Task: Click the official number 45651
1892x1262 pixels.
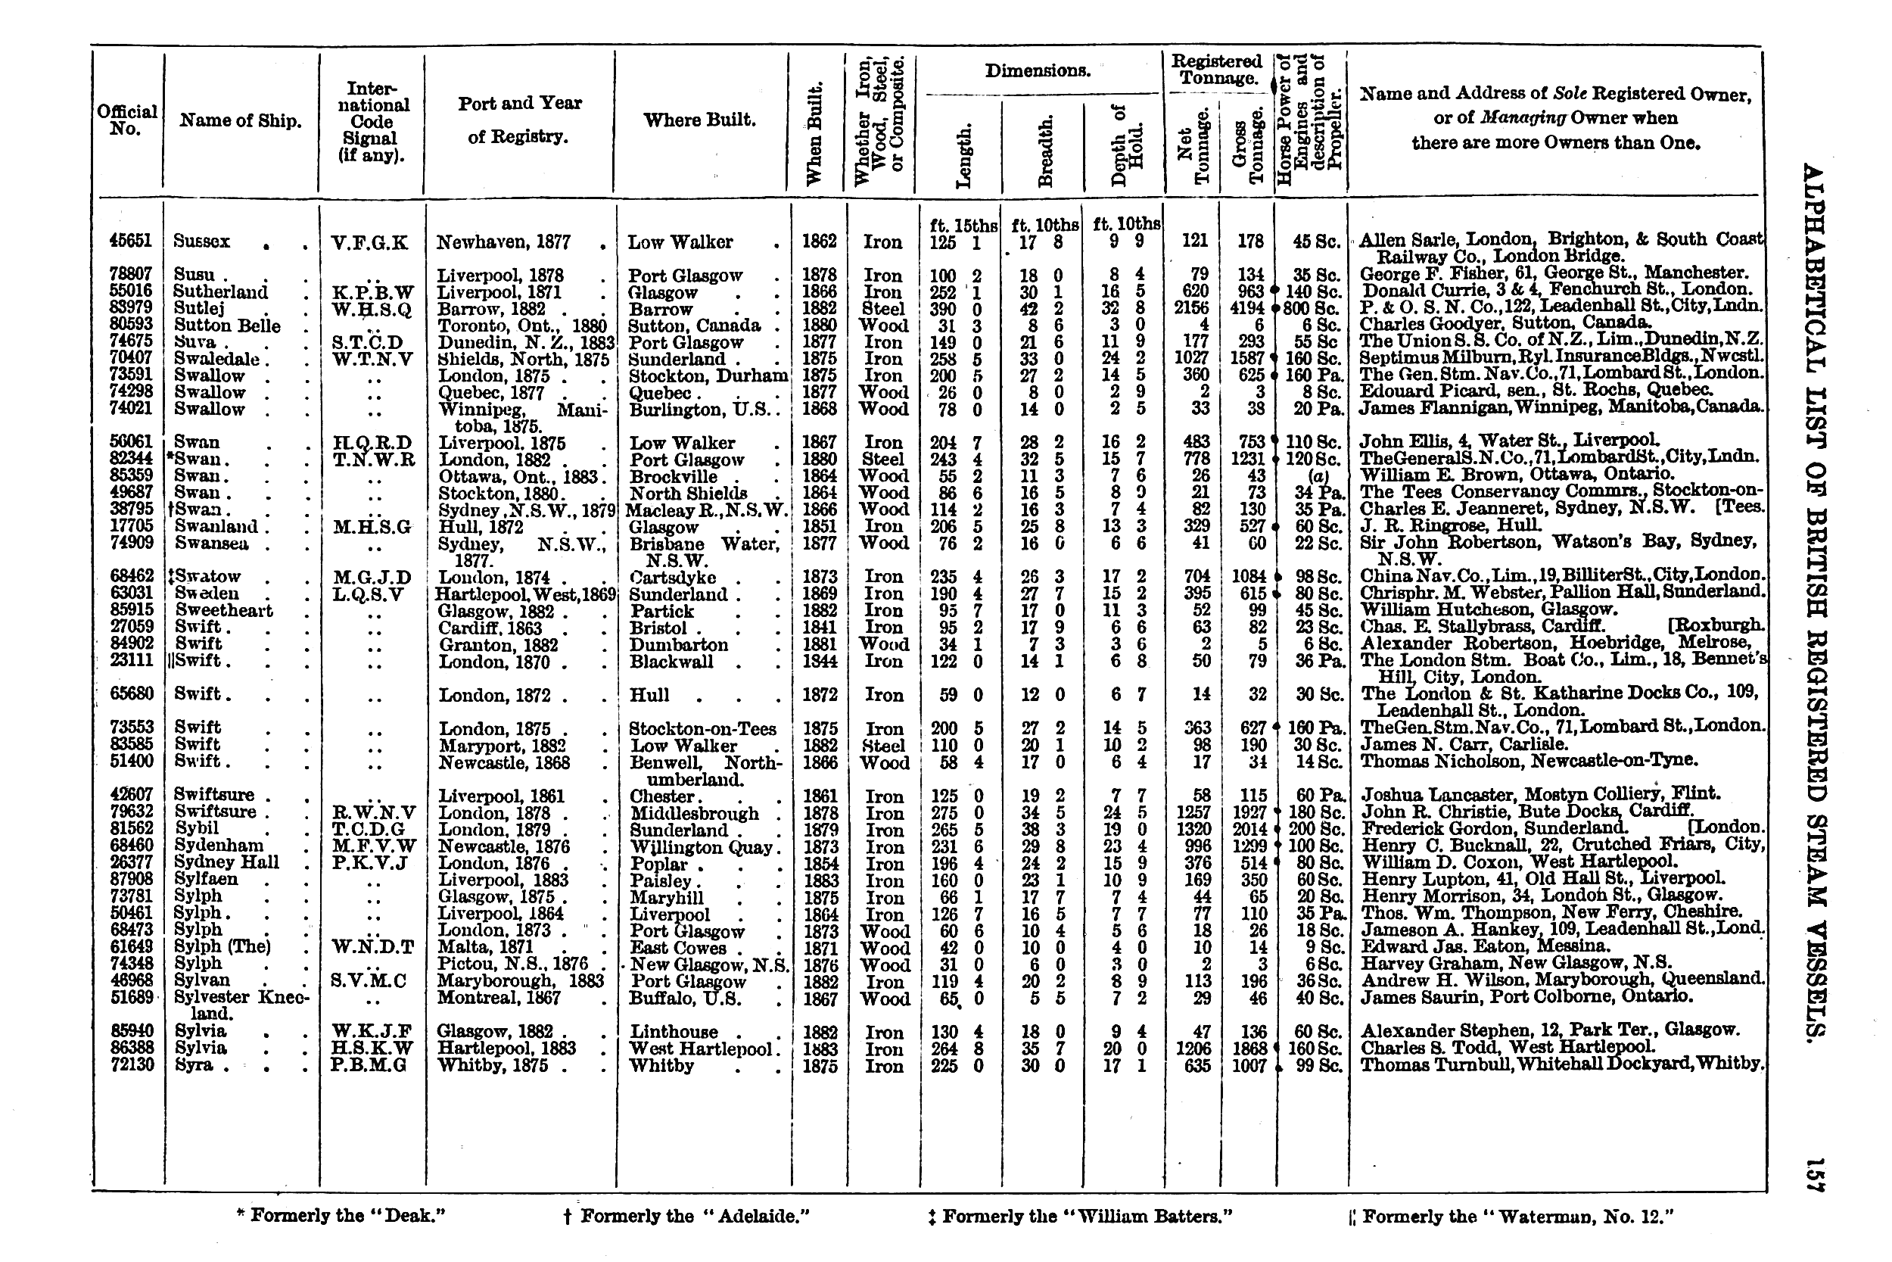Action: (x=130, y=241)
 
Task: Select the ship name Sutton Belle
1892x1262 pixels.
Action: (x=227, y=326)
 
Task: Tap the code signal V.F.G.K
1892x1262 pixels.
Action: (x=369, y=242)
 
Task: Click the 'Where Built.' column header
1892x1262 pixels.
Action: (x=699, y=120)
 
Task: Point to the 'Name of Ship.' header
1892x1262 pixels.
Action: (x=241, y=120)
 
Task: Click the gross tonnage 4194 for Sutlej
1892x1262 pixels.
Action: (x=1247, y=308)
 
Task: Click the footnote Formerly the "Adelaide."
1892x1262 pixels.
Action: (x=686, y=1216)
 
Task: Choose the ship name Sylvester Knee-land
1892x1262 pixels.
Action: (x=241, y=1004)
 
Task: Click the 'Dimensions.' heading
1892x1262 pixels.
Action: (x=1038, y=71)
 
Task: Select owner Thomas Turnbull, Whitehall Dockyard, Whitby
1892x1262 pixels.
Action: (x=1561, y=1064)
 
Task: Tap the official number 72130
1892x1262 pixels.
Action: (x=130, y=1065)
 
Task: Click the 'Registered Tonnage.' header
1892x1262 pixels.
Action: (x=1216, y=69)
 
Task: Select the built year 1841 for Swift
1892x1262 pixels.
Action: (x=819, y=627)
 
